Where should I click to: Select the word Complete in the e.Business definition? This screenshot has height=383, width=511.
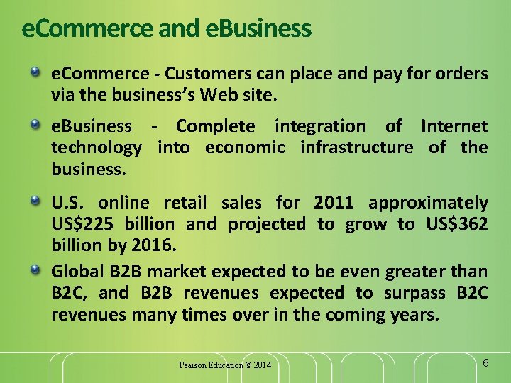(215, 126)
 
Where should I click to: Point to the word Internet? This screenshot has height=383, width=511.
(454, 126)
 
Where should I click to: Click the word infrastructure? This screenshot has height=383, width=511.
(356, 148)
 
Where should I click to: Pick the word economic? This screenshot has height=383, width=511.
(245, 148)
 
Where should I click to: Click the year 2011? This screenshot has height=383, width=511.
(334, 203)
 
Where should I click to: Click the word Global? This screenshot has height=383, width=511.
(75, 271)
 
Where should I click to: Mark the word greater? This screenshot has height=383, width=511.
(419, 271)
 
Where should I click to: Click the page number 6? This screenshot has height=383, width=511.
(485, 363)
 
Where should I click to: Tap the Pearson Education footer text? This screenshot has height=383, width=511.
(224, 365)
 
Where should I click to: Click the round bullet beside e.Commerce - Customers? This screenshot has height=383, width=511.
(35, 72)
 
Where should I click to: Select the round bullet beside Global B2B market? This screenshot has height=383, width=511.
(35, 270)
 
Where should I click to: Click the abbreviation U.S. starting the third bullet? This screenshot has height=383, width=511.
(68, 203)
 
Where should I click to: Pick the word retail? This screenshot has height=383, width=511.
(185, 203)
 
